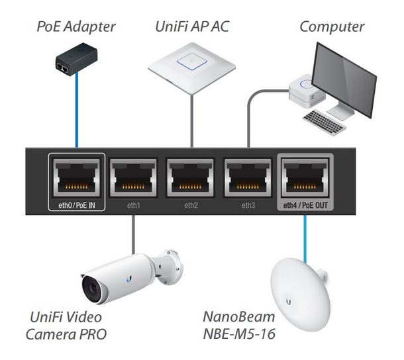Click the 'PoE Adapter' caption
(x=76, y=27)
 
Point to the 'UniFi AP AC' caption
(x=192, y=27)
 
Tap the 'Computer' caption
(x=331, y=27)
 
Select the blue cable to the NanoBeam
(x=305, y=235)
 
